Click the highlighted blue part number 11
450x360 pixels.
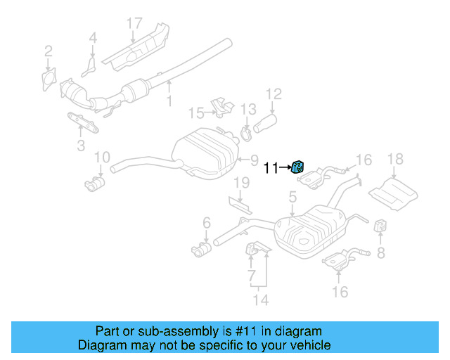click(297, 167)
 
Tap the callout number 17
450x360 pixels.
click(134, 22)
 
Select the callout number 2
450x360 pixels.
click(48, 50)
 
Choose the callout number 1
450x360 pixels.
click(169, 101)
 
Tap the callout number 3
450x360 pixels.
click(81, 146)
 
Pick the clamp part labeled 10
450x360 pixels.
click(94, 185)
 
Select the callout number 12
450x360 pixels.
click(273, 93)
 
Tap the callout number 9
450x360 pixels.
click(255, 160)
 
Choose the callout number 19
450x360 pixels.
click(241, 184)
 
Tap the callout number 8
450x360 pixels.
click(380, 251)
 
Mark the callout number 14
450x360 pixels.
click(261, 300)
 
